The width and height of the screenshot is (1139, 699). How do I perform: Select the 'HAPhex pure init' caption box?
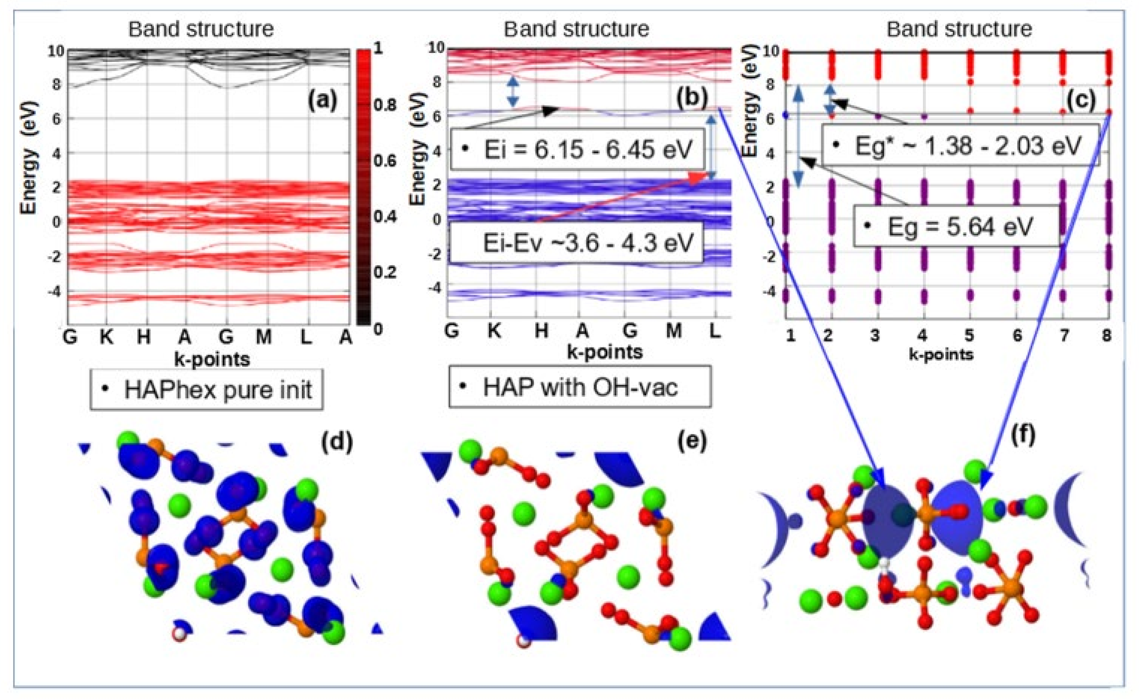coord(206,389)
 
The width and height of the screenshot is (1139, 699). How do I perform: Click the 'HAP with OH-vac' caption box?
coord(580,387)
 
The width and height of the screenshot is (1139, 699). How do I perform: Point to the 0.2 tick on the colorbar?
coord(385,272)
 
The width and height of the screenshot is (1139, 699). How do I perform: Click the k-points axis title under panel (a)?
coord(212,359)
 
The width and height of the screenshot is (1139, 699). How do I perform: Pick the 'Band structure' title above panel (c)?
coord(959,29)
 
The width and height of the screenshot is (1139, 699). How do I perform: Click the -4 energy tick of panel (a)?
coord(54,291)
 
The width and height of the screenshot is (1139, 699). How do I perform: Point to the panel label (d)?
coord(337,442)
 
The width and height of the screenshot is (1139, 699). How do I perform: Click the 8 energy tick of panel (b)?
coord(437,82)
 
